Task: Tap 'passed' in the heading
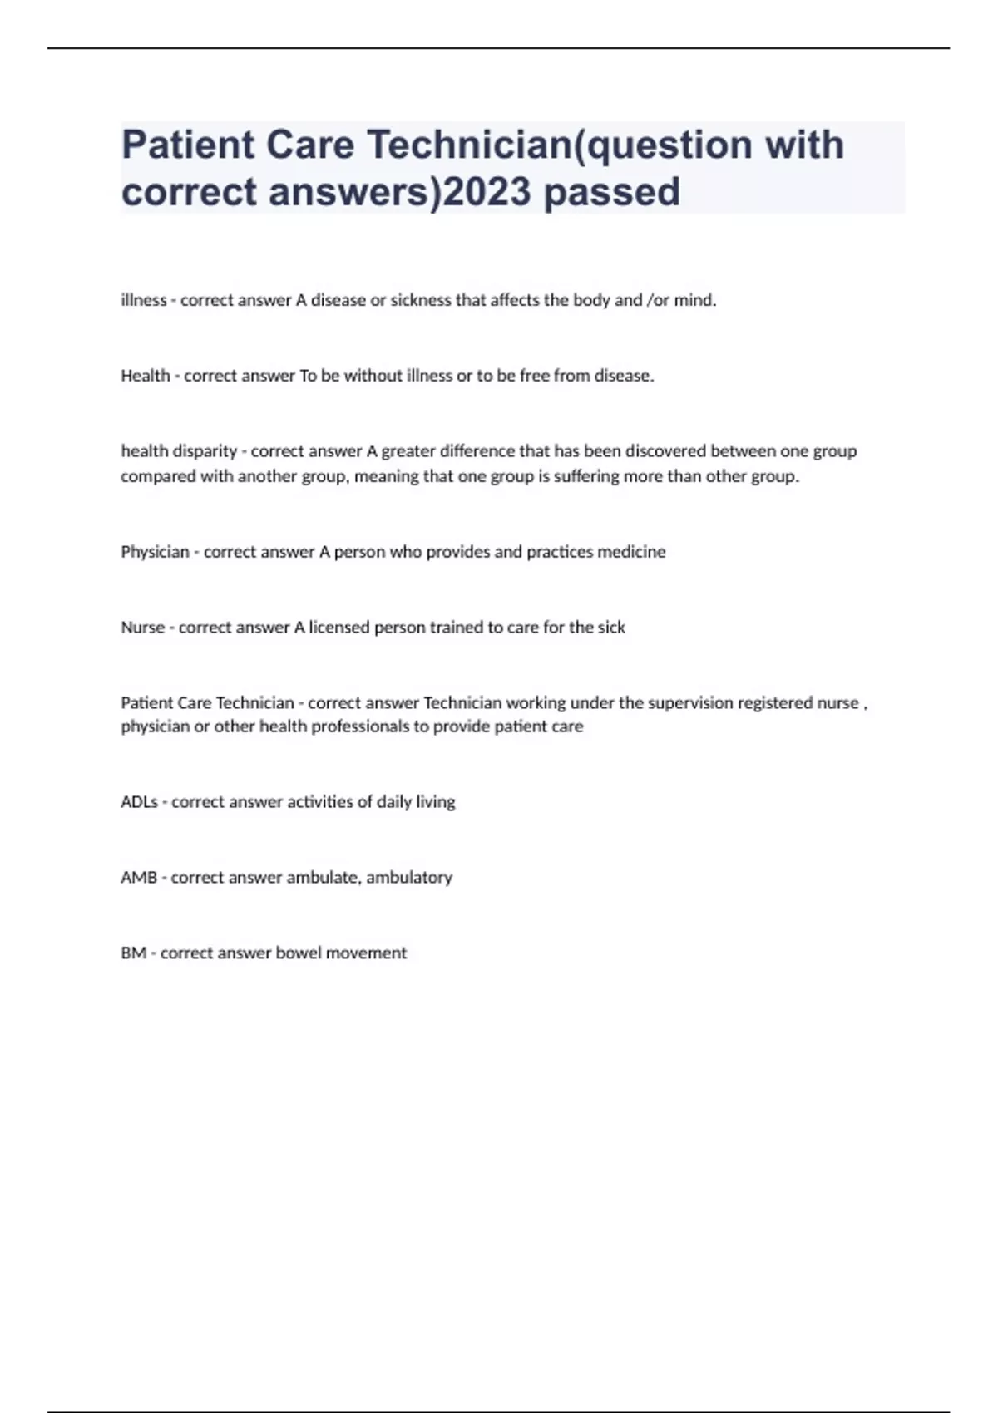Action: pyautogui.click(x=612, y=192)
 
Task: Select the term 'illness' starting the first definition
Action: pyautogui.click(x=144, y=300)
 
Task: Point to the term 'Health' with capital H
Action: pyautogui.click(x=146, y=376)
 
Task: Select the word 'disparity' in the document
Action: pyautogui.click(x=205, y=451)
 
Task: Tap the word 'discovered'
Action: pyautogui.click(x=665, y=451)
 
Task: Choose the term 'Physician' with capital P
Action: pyautogui.click(x=155, y=552)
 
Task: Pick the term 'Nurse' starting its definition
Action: pyautogui.click(x=143, y=628)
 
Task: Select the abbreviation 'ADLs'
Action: pyautogui.click(x=139, y=802)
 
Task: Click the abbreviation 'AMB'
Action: pyautogui.click(x=139, y=878)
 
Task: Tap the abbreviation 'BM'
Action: pyautogui.click(x=133, y=953)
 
